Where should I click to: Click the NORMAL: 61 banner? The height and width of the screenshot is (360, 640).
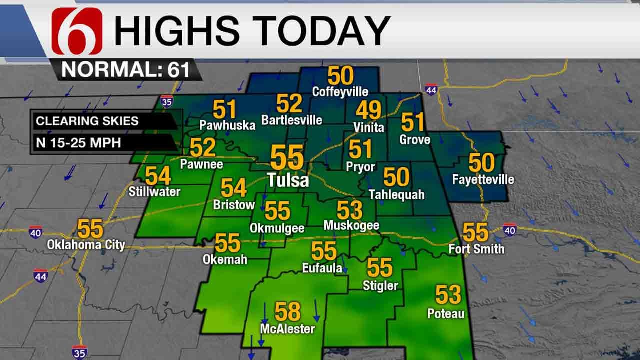click(125, 70)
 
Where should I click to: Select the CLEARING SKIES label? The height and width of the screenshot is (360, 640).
click(87, 121)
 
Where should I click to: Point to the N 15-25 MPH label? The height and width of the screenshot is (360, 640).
click(78, 143)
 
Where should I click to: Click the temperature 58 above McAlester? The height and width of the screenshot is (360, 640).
click(288, 312)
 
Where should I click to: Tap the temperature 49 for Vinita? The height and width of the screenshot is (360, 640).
click(368, 110)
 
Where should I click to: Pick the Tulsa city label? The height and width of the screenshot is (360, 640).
click(288, 180)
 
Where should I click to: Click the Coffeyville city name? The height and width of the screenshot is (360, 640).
click(340, 92)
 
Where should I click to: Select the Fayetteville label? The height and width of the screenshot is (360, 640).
click(483, 180)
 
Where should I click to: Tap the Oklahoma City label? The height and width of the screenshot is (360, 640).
click(86, 245)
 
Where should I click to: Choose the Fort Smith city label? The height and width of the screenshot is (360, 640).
click(476, 248)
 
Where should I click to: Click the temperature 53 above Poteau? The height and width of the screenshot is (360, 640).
click(448, 295)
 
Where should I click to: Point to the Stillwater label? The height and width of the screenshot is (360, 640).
click(154, 191)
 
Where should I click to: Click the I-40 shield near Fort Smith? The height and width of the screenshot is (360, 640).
click(509, 229)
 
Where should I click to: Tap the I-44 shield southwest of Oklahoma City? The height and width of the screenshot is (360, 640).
click(41, 275)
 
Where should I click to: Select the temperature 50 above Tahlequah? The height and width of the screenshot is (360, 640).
click(396, 177)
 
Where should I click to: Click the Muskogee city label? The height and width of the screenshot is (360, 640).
click(351, 225)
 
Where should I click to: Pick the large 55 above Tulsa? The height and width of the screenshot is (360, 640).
click(287, 158)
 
